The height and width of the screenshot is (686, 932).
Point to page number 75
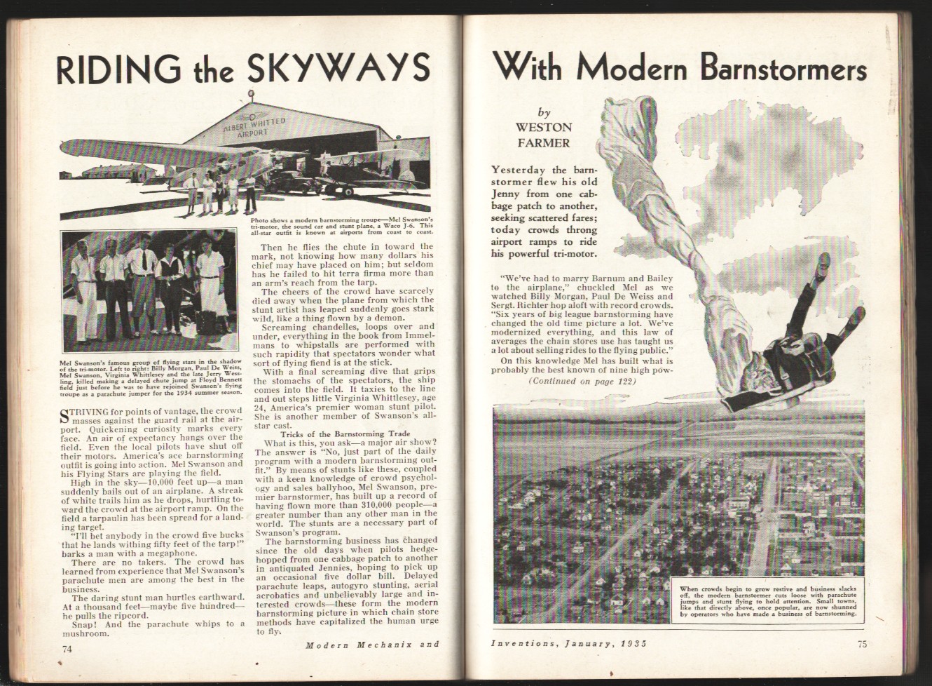tap(861, 646)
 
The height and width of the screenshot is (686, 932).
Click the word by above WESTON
tap(544, 112)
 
